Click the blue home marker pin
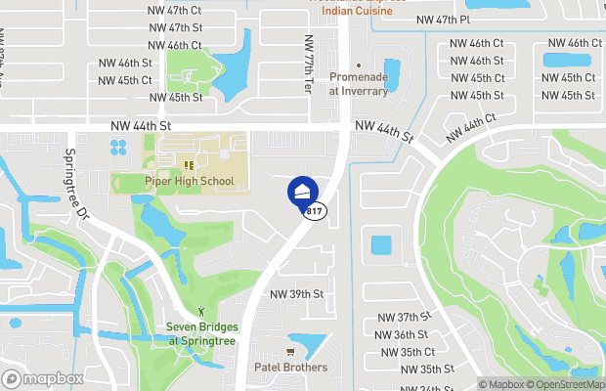(x=303, y=191)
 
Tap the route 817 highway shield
(x=315, y=211)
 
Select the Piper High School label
(x=190, y=181)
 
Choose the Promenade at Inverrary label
(x=358, y=84)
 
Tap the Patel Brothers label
(x=290, y=368)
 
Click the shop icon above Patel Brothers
(x=290, y=352)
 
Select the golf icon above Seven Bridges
(x=201, y=312)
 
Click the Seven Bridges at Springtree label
(x=200, y=334)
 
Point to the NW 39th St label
(x=296, y=294)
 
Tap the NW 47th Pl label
(x=443, y=20)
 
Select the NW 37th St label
(x=405, y=318)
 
